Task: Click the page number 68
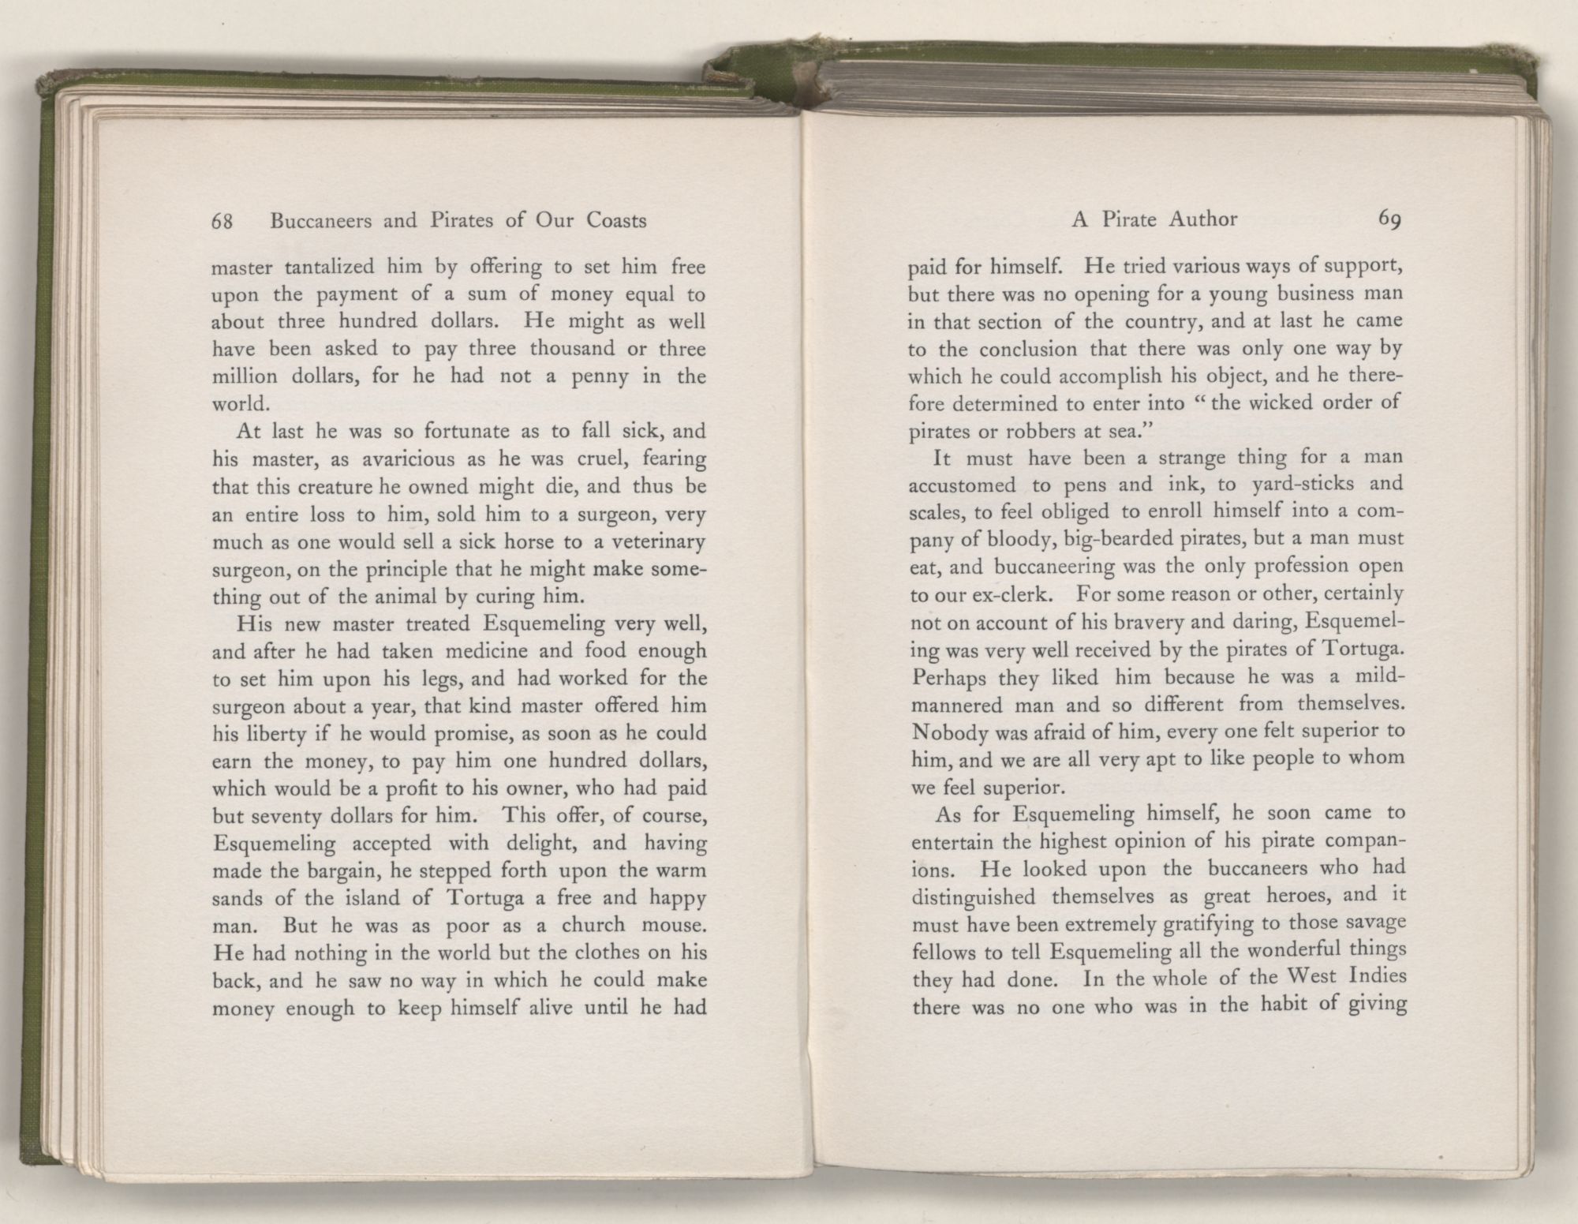point(222,222)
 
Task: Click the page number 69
point(1389,219)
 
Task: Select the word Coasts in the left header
point(616,221)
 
